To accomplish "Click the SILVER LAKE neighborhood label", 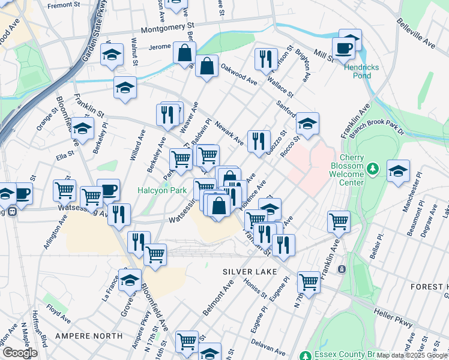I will (x=250, y=272).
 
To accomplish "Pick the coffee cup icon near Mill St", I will (x=344, y=48).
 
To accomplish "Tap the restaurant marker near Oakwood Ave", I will (x=265, y=59).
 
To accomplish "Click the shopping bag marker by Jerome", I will (x=184, y=52).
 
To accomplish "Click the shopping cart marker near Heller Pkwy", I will (x=309, y=280).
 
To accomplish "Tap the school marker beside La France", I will (x=130, y=279).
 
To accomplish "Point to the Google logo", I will (x=19, y=353).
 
